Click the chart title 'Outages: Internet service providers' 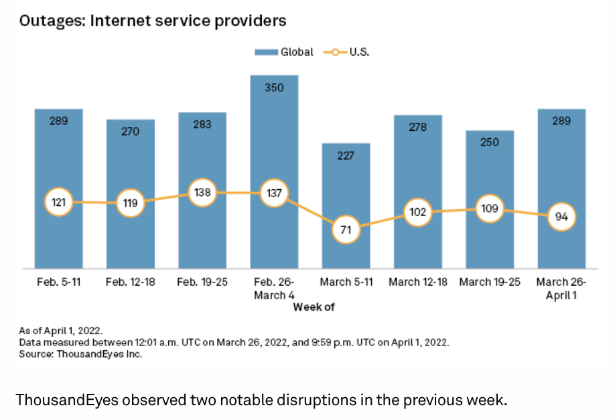(153, 21)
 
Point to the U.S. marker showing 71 (346, 230)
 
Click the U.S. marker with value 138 (202, 193)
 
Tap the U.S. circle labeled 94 (561, 217)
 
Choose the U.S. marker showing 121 (59, 202)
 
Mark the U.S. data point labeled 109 (489, 209)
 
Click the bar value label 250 (489, 142)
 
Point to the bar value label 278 (417, 127)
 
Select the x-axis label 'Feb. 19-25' (202, 282)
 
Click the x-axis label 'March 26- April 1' (561, 288)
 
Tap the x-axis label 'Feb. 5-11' (59, 282)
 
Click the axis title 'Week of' (313, 307)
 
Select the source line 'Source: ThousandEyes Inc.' (81, 354)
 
